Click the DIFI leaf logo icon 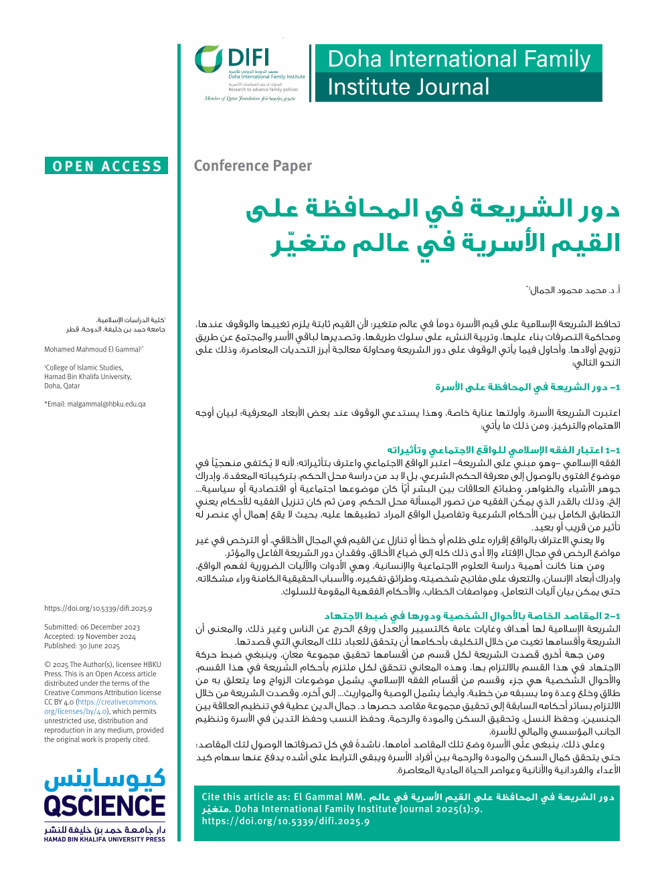[208, 60]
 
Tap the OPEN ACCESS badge [107, 166]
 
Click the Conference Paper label [253, 166]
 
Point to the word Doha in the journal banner [355, 59]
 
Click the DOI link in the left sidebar [98, 608]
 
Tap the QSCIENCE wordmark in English [104, 806]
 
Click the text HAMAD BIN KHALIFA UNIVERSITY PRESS [104, 839]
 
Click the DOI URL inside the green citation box [286, 821]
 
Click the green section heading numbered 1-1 [503, 449]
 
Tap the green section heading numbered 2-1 [472, 615]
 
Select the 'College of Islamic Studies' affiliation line [84, 367]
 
